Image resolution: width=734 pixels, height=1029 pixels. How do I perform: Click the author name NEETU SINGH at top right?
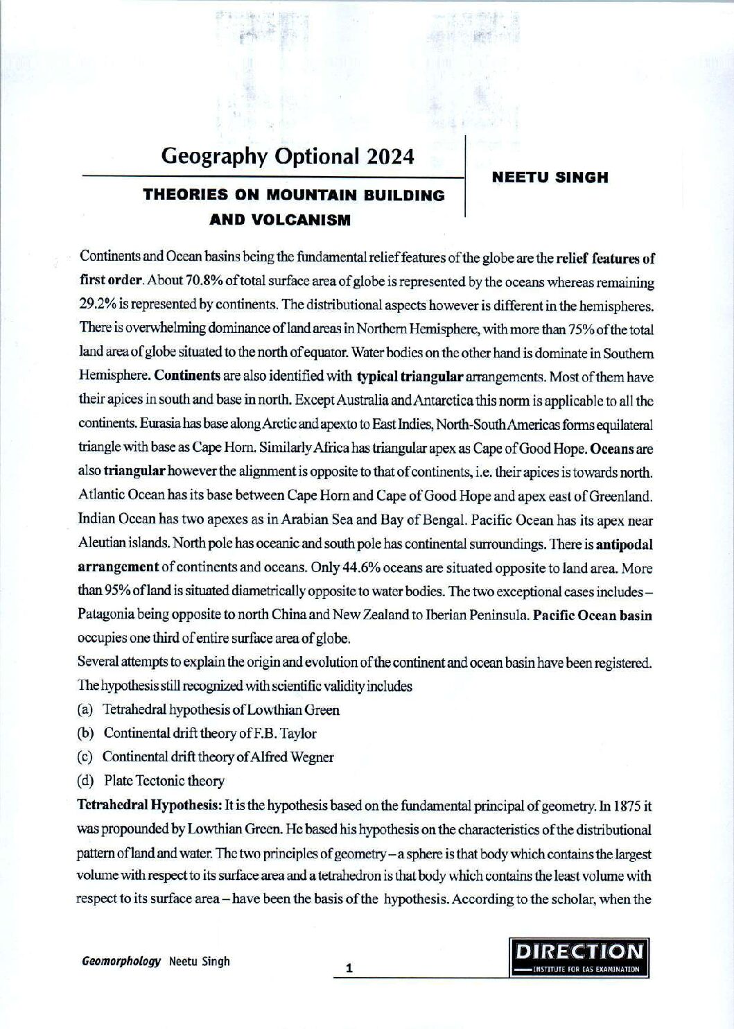click(550, 178)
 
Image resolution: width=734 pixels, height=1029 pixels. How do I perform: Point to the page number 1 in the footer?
click(350, 968)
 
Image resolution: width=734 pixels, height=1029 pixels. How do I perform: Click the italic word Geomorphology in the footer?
click(121, 961)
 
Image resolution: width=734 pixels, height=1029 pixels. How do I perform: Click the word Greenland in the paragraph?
click(624, 496)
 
